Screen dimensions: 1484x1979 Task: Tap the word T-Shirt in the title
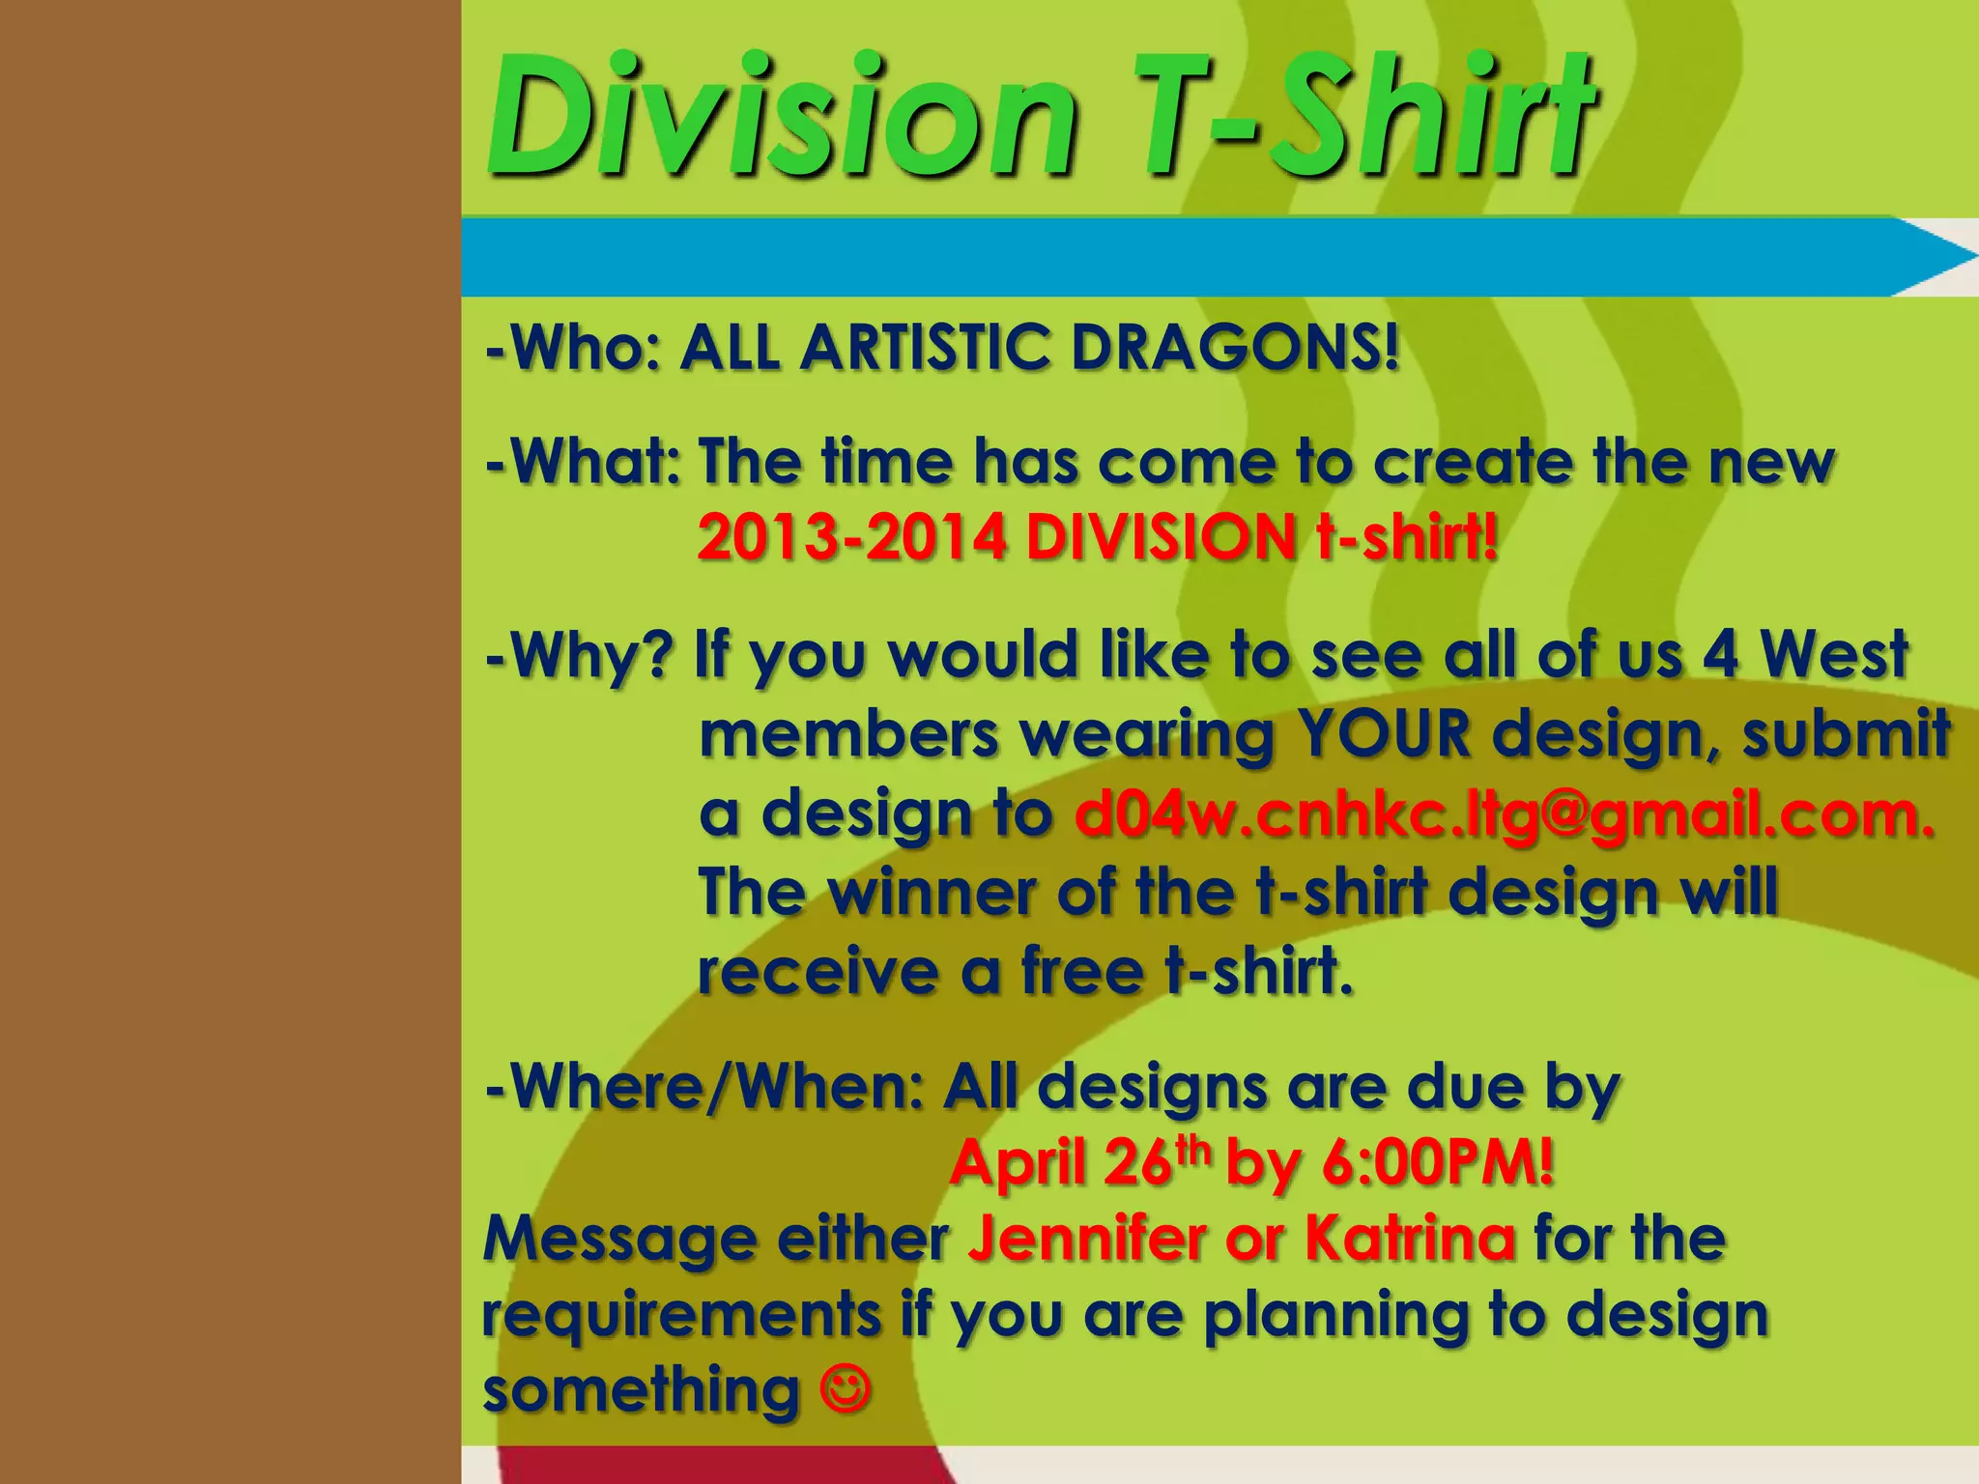click(x=1367, y=118)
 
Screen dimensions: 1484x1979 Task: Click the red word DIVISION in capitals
click(x=1160, y=537)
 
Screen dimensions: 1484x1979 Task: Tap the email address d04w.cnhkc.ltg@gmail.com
click(x=1504, y=813)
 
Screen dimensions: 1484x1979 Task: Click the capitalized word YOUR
click(x=1383, y=734)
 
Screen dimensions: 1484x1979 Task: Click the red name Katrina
click(x=1410, y=1238)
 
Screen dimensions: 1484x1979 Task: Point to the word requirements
click(x=681, y=1315)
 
